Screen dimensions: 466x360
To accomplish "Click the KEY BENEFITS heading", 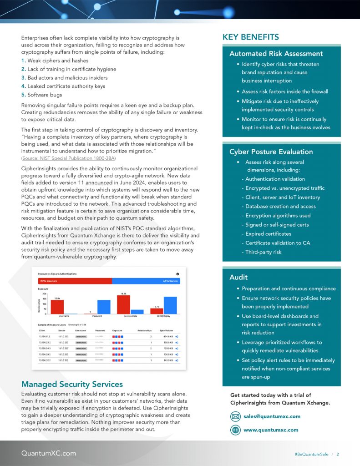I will point(251,37).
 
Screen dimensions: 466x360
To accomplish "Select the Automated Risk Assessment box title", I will point(276,54).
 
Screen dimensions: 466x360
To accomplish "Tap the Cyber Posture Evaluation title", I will point(271,152).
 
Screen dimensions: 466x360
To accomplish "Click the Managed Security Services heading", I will point(72,384).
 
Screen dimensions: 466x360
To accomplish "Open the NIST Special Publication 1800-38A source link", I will point(68,158).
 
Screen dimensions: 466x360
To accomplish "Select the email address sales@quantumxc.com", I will point(272,416).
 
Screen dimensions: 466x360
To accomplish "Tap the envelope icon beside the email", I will point(235,416).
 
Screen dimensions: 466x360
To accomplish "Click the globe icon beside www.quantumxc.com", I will point(235,430).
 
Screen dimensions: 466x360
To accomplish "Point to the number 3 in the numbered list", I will point(23,78).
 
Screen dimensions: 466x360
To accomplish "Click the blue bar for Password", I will point(104,307).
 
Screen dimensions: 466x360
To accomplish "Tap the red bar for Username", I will point(57,307).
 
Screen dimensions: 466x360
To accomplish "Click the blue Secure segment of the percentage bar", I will point(146,281).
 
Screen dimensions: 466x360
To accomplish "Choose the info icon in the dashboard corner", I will point(177,274).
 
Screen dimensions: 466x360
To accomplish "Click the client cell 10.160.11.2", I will point(45,336).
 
